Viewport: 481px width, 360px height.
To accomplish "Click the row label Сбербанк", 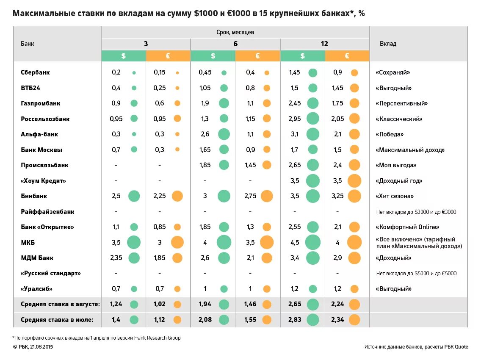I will pyautogui.click(x=35, y=72).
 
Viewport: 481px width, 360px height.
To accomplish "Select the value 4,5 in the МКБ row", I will pyautogui.click(x=294, y=243).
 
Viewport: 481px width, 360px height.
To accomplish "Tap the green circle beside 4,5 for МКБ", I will pyautogui.click(x=313, y=243).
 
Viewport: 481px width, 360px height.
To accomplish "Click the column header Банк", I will pyautogui.click(x=28, y=44).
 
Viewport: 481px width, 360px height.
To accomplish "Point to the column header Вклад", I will pyautogui.click(x=388, y=44).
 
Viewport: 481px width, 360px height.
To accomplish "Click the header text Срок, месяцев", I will pyautogui.click(x=235, y=32).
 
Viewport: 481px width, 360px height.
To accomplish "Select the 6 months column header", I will pyautogui.click(x=235, y=44).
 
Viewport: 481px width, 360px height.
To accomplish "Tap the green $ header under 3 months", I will pyautogui.click(x=123, y=56).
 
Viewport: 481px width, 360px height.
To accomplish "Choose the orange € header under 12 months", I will pyautogui.click(x=347, y=56).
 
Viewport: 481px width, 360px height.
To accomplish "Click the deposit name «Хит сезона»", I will pyautogui.click(x=395, y=196).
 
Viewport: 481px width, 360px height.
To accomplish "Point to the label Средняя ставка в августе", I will pyautogui.click(x=60, y=304).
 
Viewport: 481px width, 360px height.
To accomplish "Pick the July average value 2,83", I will pyautogui.click(x=295, y=320).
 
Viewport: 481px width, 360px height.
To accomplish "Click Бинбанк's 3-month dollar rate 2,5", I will pyautogui.click(x=116, y=196).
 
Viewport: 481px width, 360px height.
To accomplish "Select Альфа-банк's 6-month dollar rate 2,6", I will pyautogui.click(x=205, y=134).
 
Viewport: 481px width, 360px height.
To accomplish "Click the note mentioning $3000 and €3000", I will pyautogui.click(x=416, y=212).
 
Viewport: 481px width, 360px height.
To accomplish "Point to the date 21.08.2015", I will pyautogui.click(x=42, y=347).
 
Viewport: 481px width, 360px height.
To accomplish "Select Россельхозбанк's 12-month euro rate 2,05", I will pyautogui.click(x=337, y=119).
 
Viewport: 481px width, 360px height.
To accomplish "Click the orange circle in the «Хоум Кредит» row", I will pyautogui.click(x=354, y=181).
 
